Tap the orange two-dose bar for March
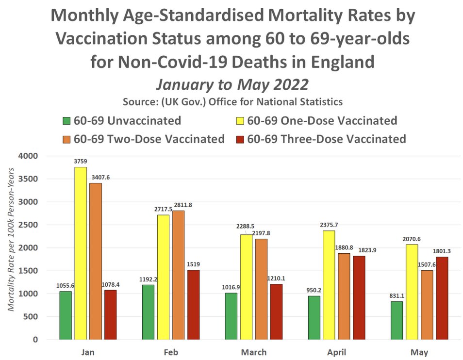[x=261, y=289]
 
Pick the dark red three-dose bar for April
[x=359, y=297]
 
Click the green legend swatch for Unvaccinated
[x=68, y=121]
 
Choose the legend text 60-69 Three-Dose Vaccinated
[x=326, y=139]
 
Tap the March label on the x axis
[x=254, y=352]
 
